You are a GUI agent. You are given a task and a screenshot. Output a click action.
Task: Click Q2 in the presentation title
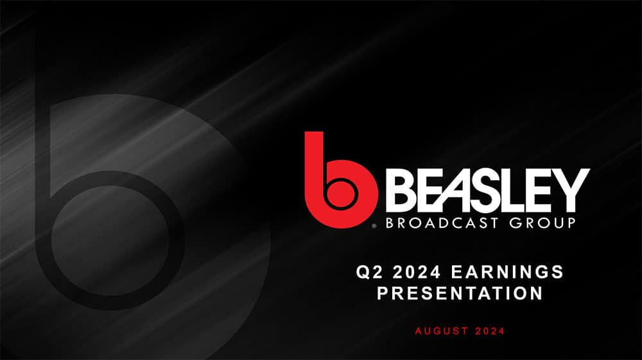pos(368,271)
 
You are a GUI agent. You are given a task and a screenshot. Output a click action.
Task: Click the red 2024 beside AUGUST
pos(489,331)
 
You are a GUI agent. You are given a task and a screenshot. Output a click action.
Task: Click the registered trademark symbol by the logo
pos(374,226)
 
